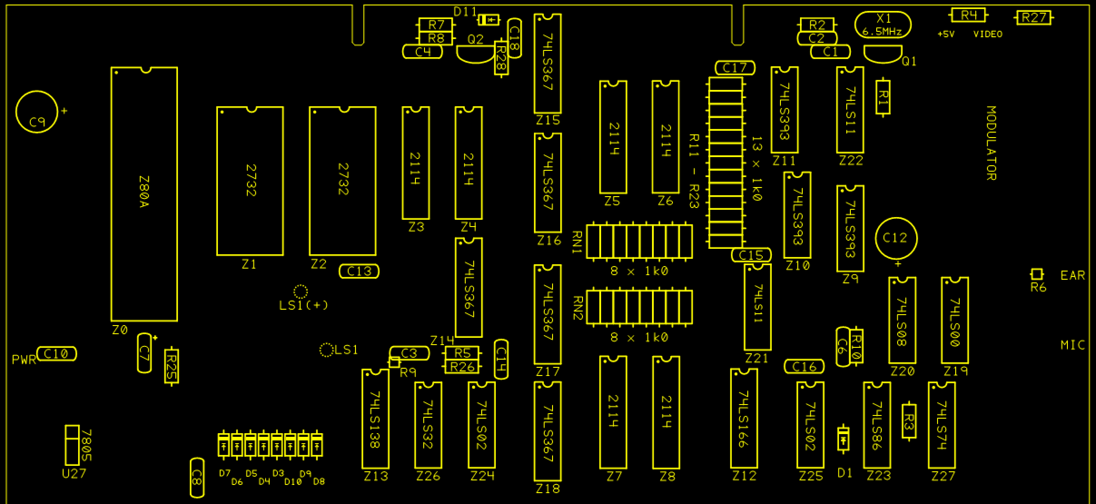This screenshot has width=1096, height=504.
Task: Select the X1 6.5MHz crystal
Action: (883, 25)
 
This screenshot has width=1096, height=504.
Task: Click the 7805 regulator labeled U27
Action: (72, 445)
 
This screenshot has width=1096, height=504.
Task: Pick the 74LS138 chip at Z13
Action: (375, 419)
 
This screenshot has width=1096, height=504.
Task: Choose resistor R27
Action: (1033, 18)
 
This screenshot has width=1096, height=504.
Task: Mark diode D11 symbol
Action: (489, 20)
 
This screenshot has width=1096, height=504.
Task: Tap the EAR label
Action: (1072, 275)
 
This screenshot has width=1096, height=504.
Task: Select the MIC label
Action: (1072, 345)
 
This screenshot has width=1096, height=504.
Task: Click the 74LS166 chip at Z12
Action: (744, 418)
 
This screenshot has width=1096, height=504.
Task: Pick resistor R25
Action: (171, 366)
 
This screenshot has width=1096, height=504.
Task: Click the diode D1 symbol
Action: (843, 439)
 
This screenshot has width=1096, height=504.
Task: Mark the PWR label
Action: (24, 361)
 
